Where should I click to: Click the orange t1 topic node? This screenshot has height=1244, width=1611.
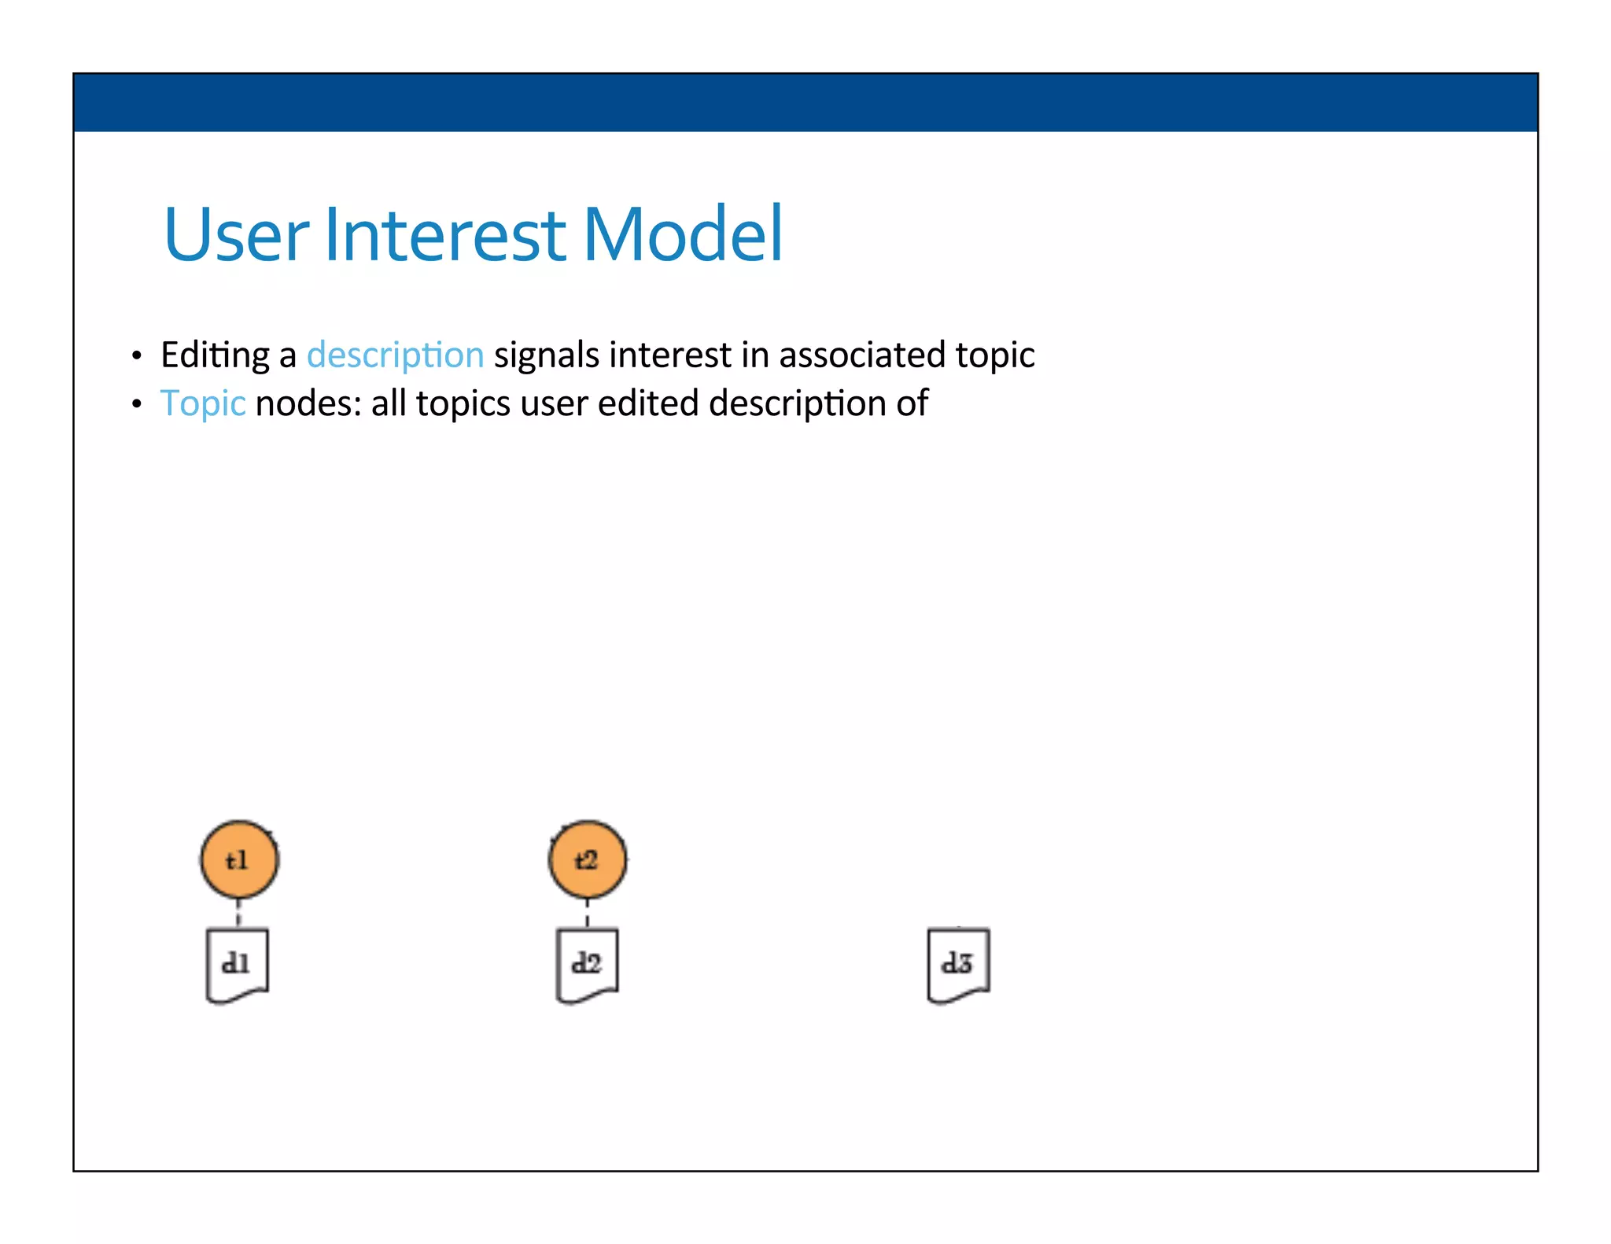click(239, 860)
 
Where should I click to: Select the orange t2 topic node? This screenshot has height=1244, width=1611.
click(588, 859)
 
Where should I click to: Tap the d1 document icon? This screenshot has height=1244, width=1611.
click(237, 965)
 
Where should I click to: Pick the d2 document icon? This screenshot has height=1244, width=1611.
click(587, 965)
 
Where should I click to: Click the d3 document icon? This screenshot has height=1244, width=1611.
click(958, 965)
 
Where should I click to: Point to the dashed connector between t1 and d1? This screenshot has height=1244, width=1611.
click(238, 914)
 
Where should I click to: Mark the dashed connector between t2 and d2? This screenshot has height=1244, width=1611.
click(588, 914)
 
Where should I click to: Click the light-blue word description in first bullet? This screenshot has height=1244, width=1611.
click(395, 355)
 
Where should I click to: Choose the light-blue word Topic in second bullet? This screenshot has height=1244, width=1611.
click(203, 403)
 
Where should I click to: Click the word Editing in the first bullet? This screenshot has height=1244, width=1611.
click(215, 355)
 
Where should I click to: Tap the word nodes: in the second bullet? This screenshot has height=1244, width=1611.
click(308, 403)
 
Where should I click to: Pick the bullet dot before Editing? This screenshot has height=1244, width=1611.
click(137, 357)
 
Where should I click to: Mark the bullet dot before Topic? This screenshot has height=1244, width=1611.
click(137, 405)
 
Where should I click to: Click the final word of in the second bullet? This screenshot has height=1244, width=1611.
click(912, 403)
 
